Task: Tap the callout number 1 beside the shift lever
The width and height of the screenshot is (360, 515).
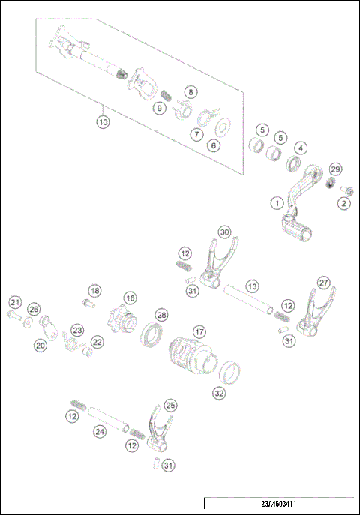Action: coord(277,202)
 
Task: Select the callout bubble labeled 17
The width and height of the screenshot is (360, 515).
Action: coord(199,331)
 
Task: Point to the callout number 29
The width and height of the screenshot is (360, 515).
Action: coord(336,169)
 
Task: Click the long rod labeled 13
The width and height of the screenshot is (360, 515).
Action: coord(246,301)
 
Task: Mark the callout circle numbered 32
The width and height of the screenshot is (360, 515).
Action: coord(219,392)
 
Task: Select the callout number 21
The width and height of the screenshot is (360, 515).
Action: coord(14,302)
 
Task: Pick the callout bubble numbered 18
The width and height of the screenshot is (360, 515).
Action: coord(94,290)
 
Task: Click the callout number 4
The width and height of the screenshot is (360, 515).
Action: coord(300,148)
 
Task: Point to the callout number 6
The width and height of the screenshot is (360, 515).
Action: coord(214,145)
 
